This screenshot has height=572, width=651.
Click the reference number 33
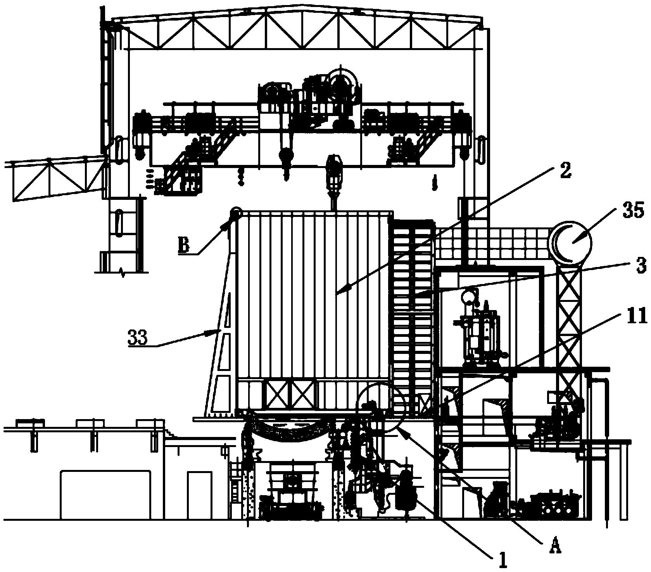point(138,338)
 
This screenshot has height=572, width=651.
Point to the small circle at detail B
point(235,213)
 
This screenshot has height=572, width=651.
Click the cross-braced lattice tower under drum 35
point(569,330)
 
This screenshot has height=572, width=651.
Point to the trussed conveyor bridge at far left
point(54,179)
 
